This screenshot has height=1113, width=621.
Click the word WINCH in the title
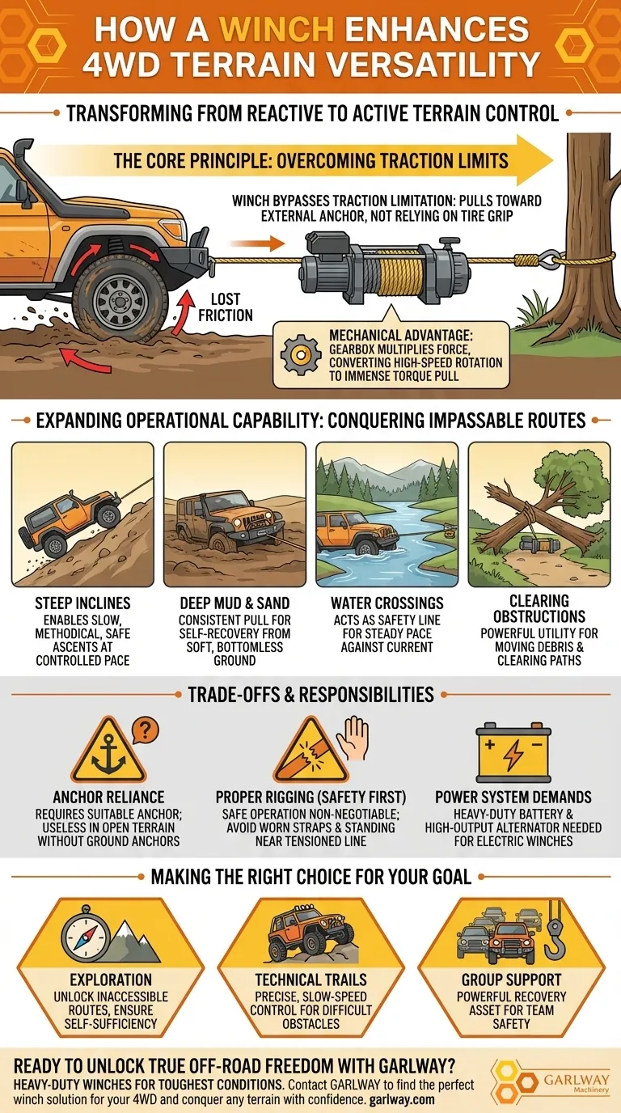[x=277, y=29]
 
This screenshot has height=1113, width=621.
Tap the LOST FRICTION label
[x=226, y=307]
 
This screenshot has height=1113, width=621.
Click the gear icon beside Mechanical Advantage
[x=301, y=355]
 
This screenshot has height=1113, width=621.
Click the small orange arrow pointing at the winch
[x=257, y=243]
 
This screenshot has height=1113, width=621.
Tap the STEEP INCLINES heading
[x=82, y=603]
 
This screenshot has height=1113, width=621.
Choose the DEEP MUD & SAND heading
[x=234, y=603]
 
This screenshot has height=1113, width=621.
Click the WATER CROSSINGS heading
[x=387, y=603]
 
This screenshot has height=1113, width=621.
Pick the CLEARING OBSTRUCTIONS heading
[x=539, y=608]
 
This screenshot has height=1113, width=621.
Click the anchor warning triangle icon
[x=108, y=751]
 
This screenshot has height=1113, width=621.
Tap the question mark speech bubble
[x=145, y=731]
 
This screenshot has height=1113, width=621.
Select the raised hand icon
[x=353, y=738]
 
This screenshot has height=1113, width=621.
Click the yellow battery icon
[x=513, y=753]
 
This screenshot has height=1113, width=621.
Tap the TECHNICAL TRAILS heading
[x=311, y=980]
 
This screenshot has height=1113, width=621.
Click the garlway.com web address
[x=402, y=1099]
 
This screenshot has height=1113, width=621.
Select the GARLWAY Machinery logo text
[x=577, y=1082]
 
